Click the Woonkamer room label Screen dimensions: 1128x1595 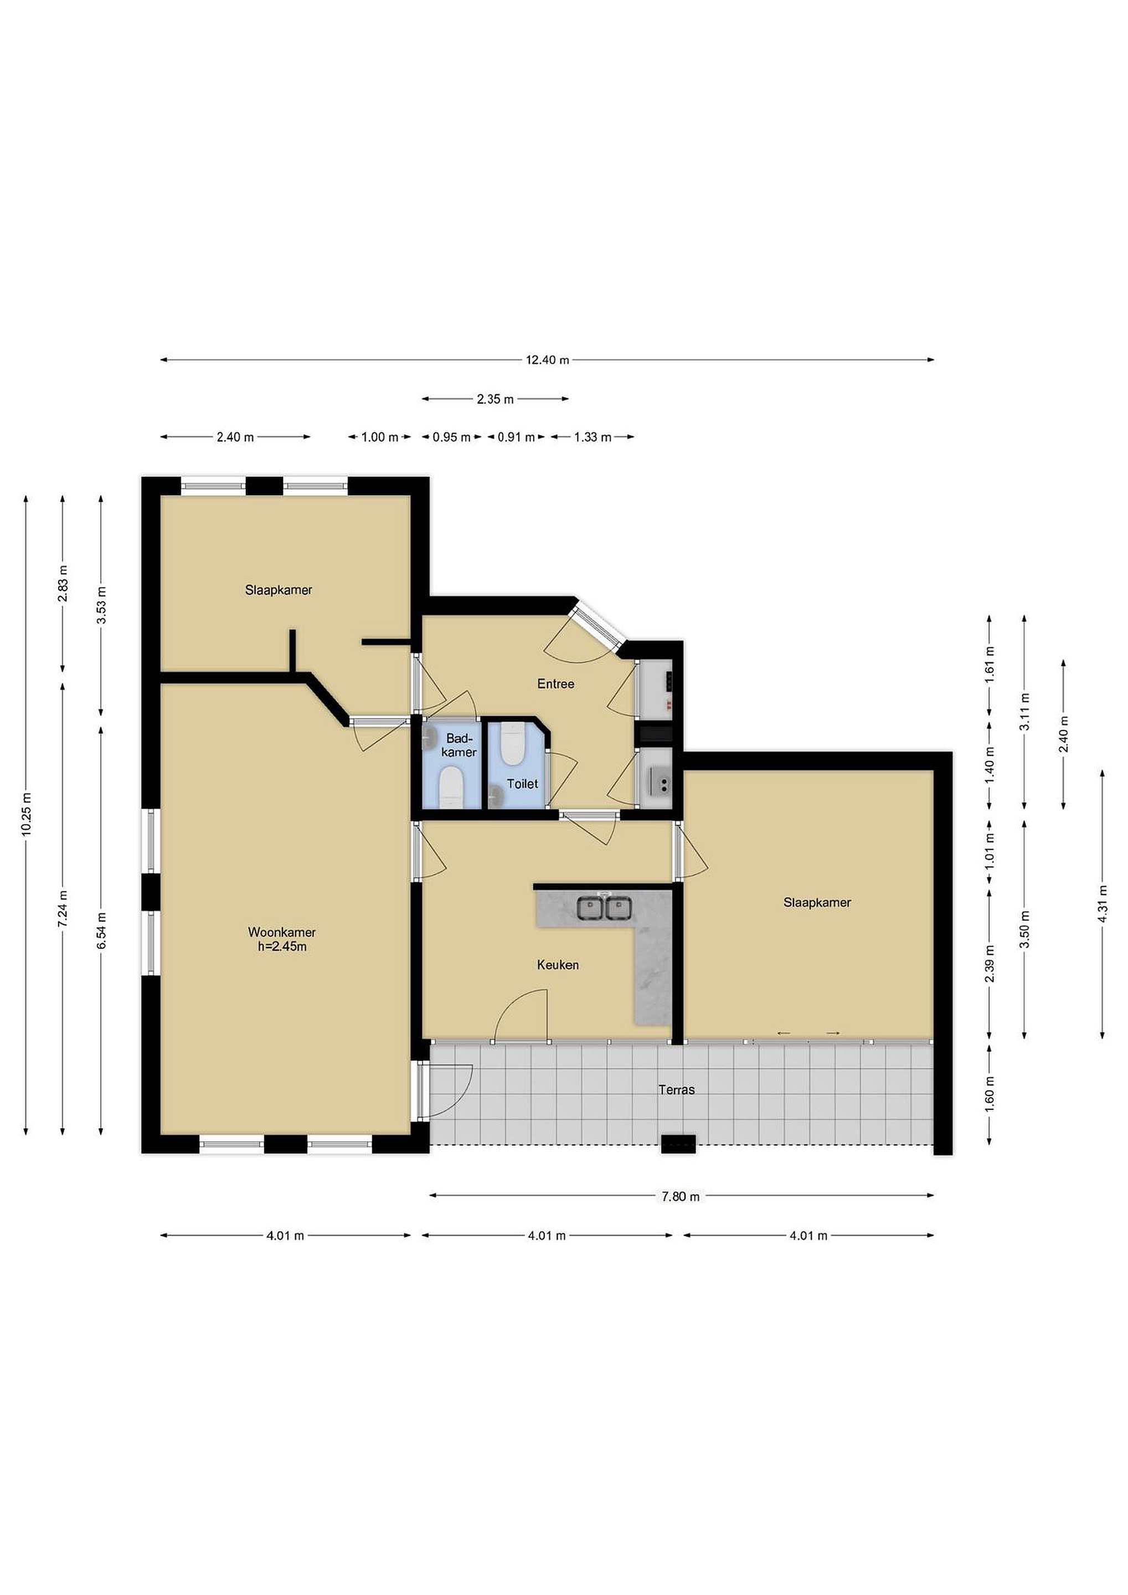[x=281, y=932]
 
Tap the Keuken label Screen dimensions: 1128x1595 [x=558, y=965]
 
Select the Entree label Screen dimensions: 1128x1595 [x=555, y=685]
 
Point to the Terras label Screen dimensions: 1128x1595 [x=677, y=1090]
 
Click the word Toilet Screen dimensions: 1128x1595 [x=522, y=784]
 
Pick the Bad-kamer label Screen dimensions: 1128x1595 [x=459, y=745]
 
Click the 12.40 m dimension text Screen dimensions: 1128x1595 [x=547, y=360]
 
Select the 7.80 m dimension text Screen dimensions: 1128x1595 [x=681, y=1196]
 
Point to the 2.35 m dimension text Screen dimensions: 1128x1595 [x=495, y=399]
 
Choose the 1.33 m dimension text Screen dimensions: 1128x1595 [x=593, y=438]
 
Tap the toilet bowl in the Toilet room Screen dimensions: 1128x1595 [x=512, y=744]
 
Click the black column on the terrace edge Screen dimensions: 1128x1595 [x=678, y=1144]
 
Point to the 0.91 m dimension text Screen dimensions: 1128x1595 [x=516, y=438]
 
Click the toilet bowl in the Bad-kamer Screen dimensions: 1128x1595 [x=451, y=787]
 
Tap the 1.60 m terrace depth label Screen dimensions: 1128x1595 [x=990, y=1092]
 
